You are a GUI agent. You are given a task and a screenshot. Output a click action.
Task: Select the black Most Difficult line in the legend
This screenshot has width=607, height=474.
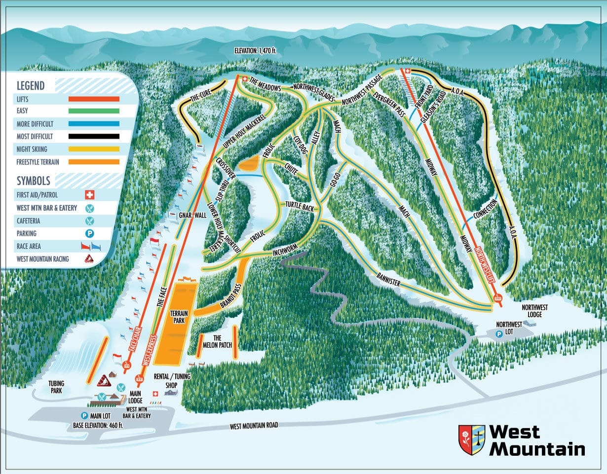94,137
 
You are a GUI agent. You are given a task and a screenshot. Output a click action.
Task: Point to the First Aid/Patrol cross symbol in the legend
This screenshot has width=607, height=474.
89,195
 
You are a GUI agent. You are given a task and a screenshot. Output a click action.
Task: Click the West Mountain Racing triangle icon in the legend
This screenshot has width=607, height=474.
89,258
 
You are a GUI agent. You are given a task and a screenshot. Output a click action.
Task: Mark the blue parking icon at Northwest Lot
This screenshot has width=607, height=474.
499,333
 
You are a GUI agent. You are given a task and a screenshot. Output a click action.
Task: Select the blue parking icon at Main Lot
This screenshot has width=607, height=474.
84,415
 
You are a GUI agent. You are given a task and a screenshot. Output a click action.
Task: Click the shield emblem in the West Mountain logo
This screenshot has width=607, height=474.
471,439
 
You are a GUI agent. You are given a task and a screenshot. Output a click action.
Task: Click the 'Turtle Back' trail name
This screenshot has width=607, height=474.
300,207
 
